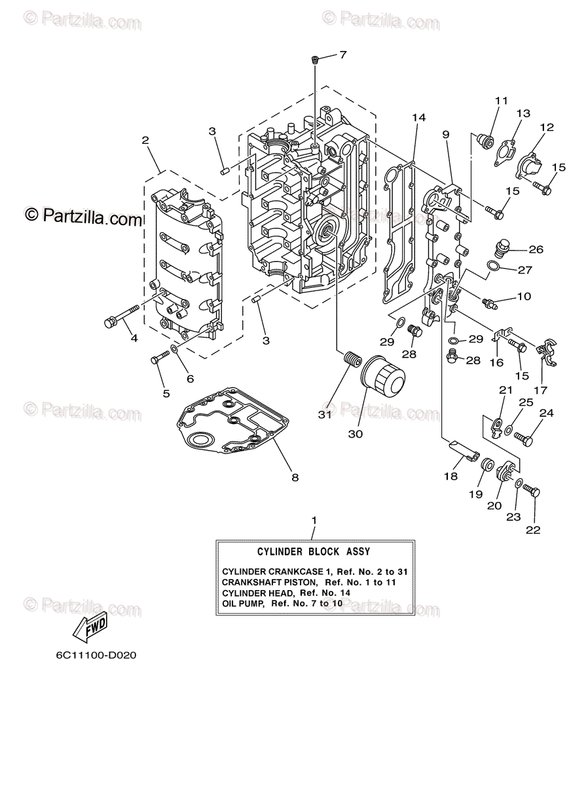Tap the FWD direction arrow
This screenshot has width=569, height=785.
coord(90,627)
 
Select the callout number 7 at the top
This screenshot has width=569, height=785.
coord(342,55)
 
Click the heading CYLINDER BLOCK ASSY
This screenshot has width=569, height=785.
coord(314,552)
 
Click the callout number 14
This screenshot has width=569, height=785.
coord(419,118)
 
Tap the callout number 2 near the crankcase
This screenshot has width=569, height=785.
coord(145,140)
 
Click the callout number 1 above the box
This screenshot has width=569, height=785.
coord(314,520)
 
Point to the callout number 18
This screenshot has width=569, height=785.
coord(450,476)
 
